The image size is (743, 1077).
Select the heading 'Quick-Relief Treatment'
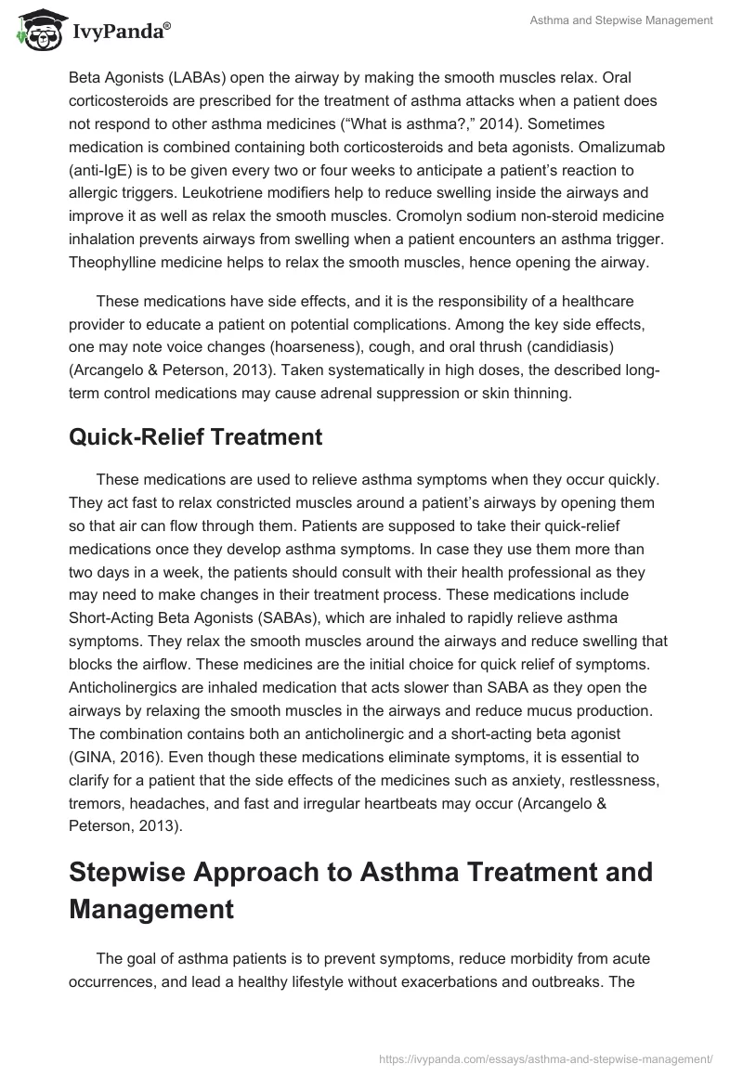pyautogui.click(x=195, y=437)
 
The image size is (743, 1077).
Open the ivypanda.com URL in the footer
pyautogui.click(x=546, y=1058)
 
